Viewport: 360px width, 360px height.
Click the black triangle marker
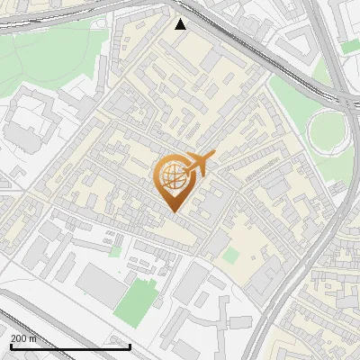click(181, 24)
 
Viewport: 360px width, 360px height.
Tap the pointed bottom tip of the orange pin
click(174, 211)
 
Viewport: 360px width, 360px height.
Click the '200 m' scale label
click(23, 338)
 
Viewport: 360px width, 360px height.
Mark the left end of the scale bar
click(11, 346)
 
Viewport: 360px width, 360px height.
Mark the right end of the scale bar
click(130, 346)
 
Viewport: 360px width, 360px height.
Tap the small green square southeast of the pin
click(231, 256)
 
